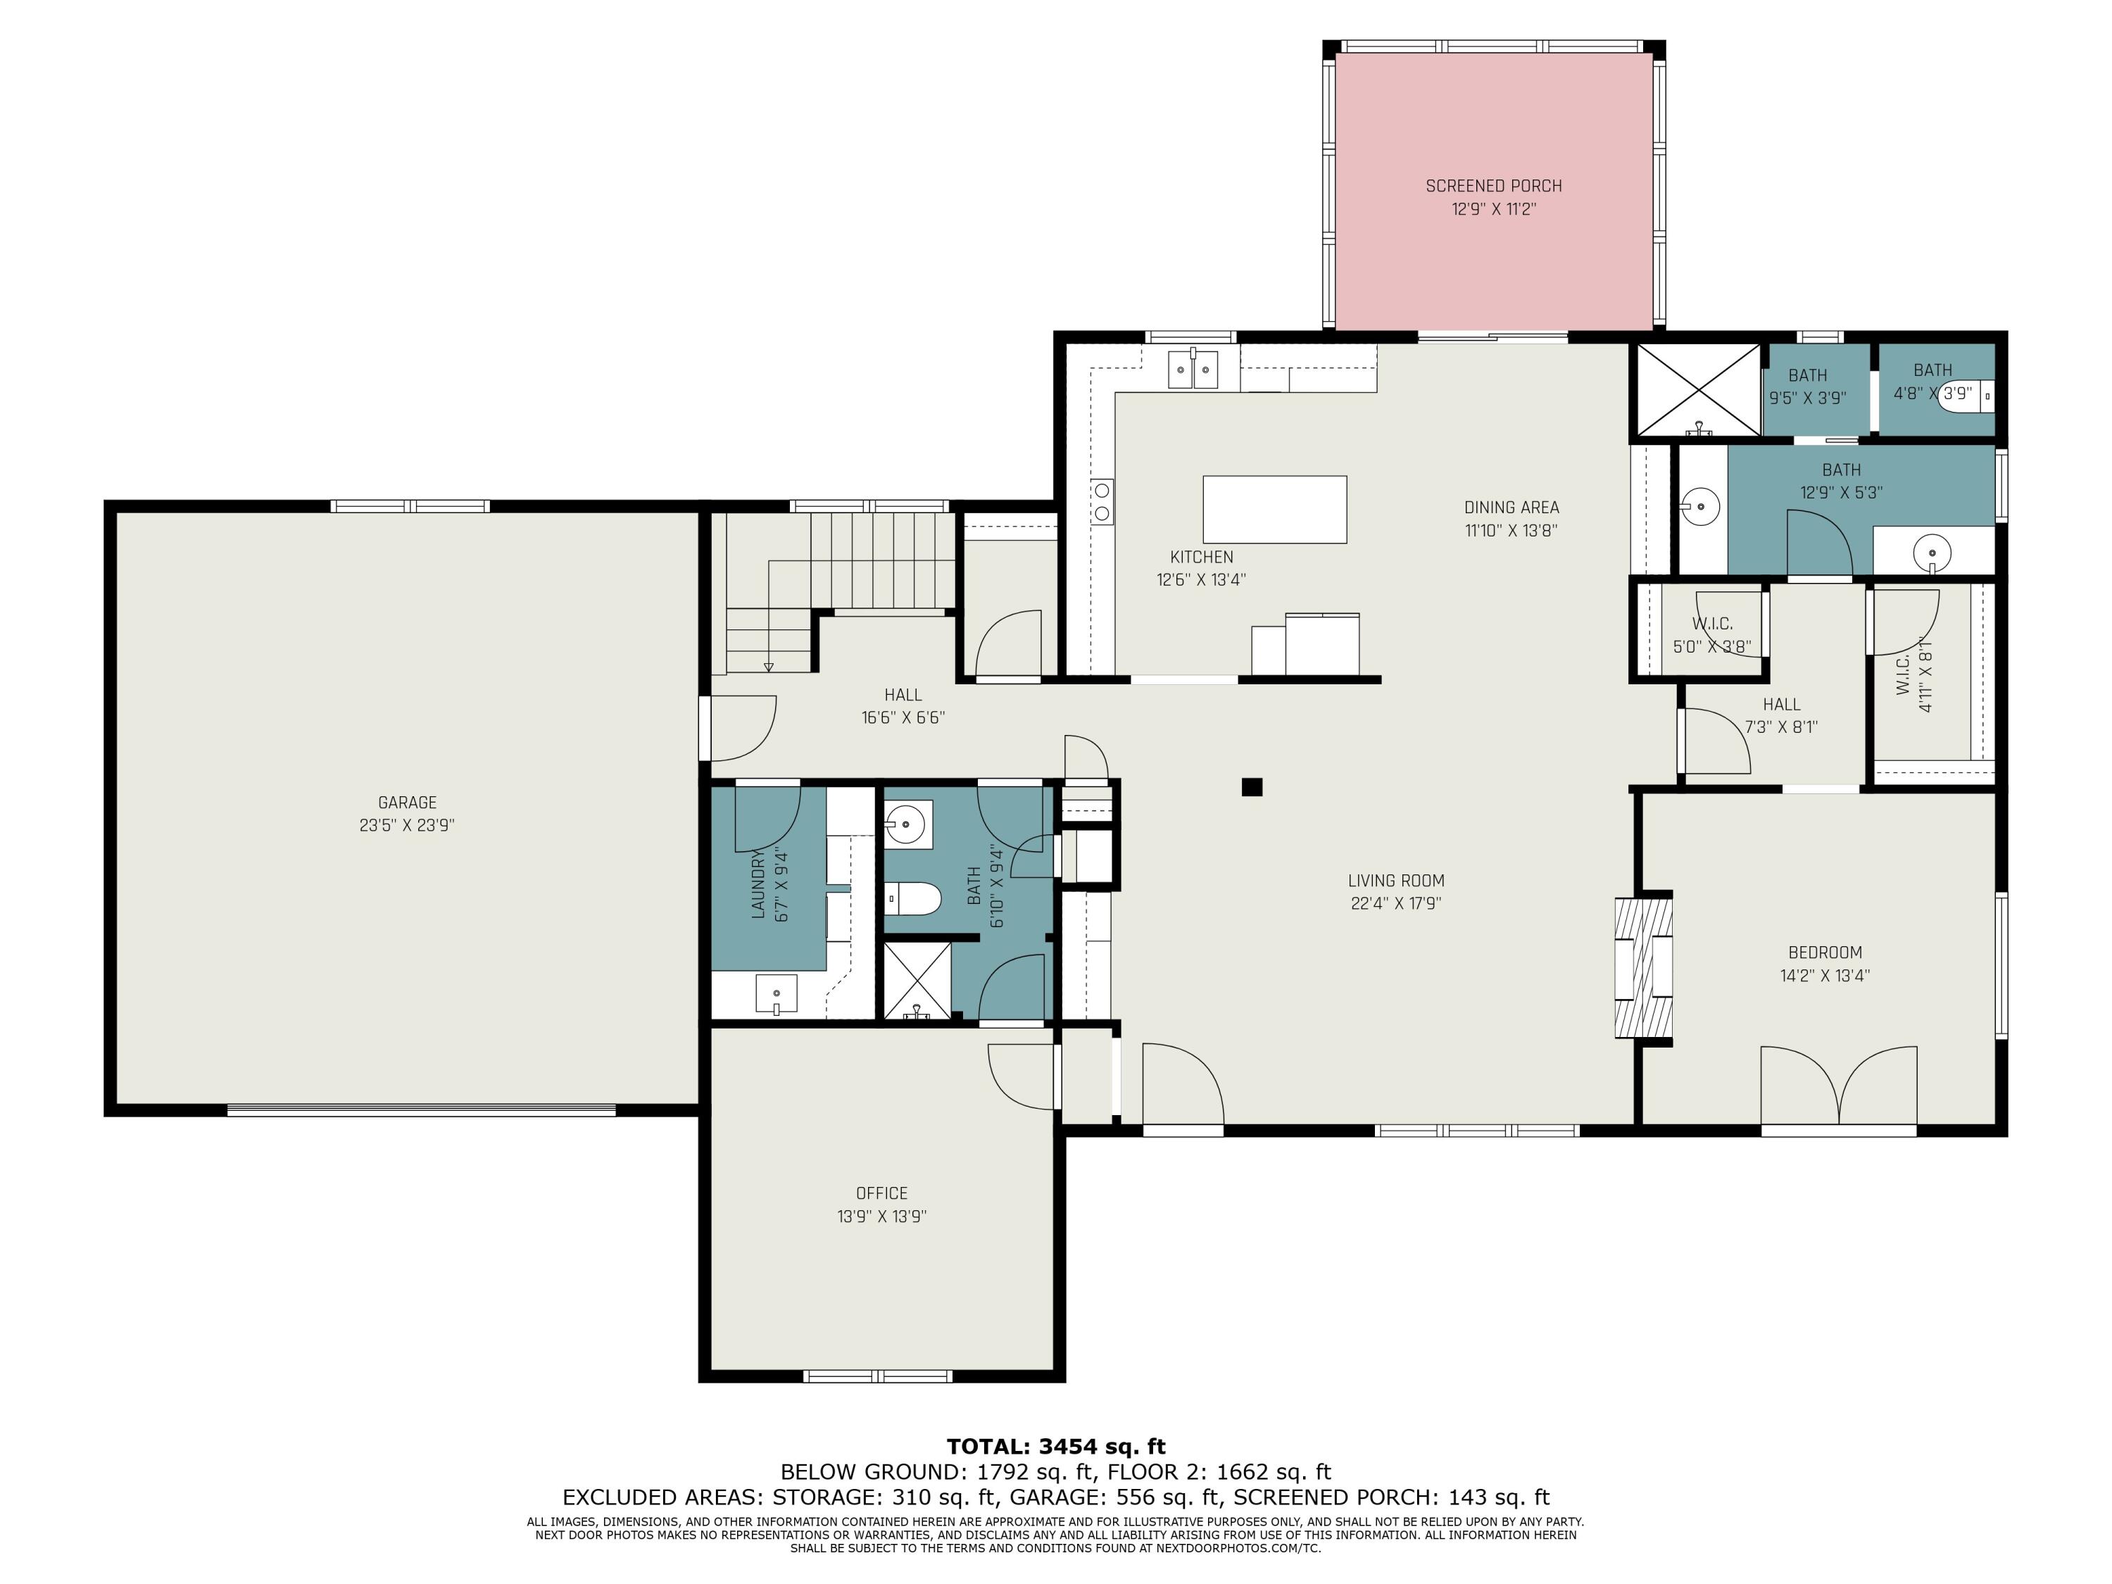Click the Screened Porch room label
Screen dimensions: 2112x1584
point(1493,186)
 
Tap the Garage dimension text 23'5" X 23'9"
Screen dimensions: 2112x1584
point(407,826)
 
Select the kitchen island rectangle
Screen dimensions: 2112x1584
point(1275,510)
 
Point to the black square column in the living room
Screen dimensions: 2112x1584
point(1252,787)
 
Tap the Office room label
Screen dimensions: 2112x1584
point(881,1193)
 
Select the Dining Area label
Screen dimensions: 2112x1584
point(1511,508)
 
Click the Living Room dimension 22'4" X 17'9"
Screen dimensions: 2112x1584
point(1396,904)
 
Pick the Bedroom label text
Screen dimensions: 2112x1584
point(1825,953)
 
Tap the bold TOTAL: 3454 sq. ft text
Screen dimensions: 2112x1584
point(1056,1447)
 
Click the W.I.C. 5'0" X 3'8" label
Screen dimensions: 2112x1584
point(1712,635)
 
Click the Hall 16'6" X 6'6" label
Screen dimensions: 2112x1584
point(903,707)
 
